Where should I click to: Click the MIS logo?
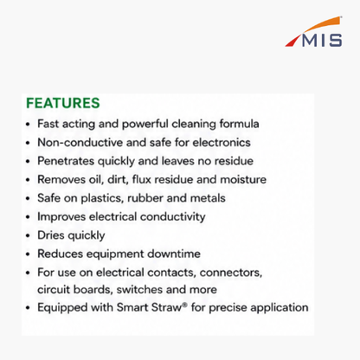pos(314,32)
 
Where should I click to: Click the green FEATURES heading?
pos(63,103)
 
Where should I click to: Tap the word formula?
pos(239,124)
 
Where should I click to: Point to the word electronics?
pos(222,143)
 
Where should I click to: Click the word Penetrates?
pos(66,161)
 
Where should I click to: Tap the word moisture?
pos(243,179)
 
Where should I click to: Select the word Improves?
pos(61,217)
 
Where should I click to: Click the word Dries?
pos(51,235)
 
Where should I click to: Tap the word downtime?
pos(174,254)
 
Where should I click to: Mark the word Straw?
pos(166,307)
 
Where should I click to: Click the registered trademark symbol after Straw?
pos(184,305)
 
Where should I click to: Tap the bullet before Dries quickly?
pos(28,235)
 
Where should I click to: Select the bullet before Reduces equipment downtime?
pos(28,254)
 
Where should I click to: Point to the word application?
pos(280,308)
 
